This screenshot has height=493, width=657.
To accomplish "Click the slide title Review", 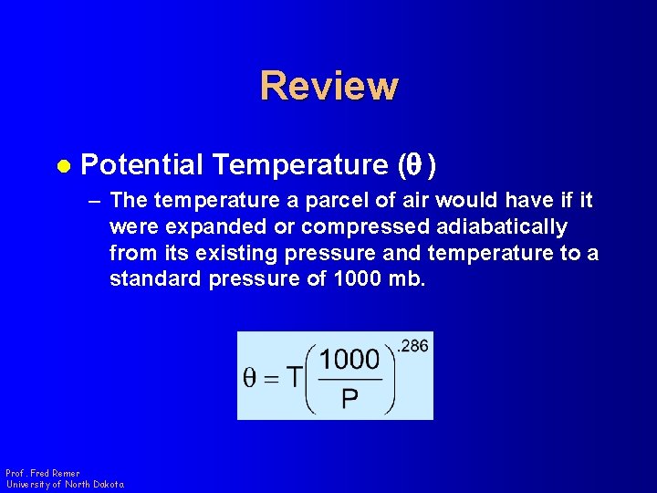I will pos(328,86).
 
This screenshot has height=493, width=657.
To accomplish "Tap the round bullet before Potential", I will pos(63,165).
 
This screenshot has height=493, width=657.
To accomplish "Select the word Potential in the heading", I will pos(142,165).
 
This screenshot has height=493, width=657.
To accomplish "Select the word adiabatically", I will pos(500,226).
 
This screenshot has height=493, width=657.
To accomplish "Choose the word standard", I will pos(155,278).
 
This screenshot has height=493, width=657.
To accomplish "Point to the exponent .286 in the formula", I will pos(413,346).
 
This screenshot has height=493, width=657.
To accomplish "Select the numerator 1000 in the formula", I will pos(349,359).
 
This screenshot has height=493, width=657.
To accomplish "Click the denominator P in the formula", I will pos(349,398).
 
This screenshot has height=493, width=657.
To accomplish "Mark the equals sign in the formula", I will pos(272,378).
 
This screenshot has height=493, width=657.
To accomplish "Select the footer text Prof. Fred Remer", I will pos(42,473).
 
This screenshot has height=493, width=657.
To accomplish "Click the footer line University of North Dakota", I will pos(64,484).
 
